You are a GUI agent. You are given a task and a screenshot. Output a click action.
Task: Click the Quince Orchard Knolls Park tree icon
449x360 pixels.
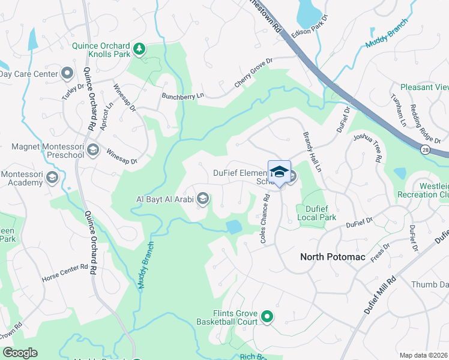(139, 49)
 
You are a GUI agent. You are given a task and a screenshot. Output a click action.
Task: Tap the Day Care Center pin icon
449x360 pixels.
(67, 74)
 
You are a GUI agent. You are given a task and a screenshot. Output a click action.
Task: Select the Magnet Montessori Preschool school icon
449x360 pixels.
(92, 149)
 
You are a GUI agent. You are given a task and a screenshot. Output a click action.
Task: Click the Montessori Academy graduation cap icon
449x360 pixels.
(52, 178)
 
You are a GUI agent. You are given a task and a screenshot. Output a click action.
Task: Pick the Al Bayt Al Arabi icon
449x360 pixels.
(203, 199)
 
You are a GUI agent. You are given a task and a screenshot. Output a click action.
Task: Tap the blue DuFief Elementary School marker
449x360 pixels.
(279, 172)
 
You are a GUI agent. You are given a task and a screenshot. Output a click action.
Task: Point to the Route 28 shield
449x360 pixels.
(425, 151)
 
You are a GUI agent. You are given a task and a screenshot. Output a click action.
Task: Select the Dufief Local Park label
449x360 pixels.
(317, 213)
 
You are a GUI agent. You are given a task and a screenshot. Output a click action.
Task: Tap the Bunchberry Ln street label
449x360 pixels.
(182, 95)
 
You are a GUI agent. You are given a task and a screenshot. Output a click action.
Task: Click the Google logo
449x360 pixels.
(20, 352)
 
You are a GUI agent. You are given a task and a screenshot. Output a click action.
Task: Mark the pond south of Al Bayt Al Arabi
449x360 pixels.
(234, 227)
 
